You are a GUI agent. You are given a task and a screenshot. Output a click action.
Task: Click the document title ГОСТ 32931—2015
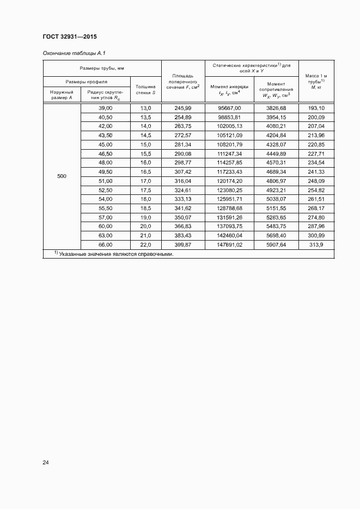coord(69,37)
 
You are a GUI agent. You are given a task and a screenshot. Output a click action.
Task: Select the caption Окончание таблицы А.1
coord(74,53)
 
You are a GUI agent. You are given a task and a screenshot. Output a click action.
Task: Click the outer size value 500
coord(62,176)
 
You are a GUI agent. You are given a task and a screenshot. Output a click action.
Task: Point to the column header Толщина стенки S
coord(145,89)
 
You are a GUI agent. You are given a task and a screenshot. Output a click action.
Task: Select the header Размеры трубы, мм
coord(102,68)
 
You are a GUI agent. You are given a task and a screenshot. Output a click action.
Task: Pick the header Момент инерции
coord(229,89)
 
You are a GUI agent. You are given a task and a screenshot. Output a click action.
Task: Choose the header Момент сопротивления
coord(276,89)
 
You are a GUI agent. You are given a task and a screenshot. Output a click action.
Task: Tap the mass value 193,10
coord(316,108)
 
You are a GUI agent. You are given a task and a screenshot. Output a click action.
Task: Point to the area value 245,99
coord(182,108)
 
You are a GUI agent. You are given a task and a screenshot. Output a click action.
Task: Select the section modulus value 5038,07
coord(276,199)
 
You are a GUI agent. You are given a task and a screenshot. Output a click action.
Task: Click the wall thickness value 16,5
coord(145,172)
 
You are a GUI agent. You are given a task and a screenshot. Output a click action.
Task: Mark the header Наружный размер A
coord(62,95)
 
